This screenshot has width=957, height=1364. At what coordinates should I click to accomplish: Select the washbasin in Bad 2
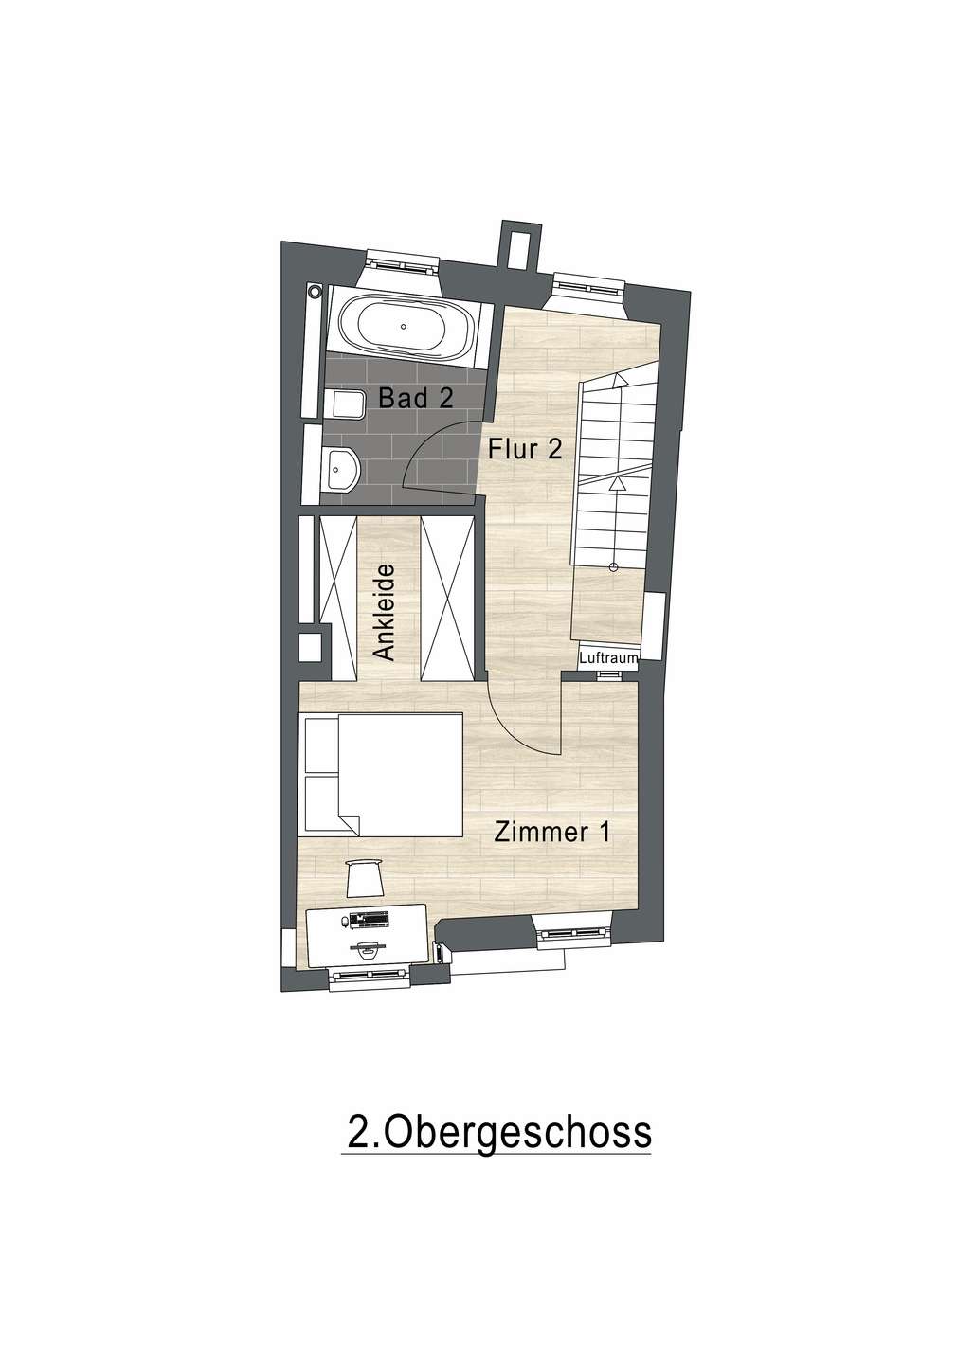pyautogui.click(x=339, y=468)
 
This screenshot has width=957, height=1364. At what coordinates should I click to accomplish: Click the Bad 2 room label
pyautogui.click(x=415, y=398)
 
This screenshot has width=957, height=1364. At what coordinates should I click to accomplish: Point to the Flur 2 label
pyautogui.click(x=526, y=449)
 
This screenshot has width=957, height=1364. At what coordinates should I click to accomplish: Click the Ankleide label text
pyautogui.click(x=383, y=612)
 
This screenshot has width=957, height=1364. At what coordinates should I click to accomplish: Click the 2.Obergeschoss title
pyautogui.click(x=499, y=1132)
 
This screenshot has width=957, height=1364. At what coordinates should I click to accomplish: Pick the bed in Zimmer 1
pyautogui.click(x=381, y=775)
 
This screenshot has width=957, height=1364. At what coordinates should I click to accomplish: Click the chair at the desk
pyautogui.click(x=363, y=877)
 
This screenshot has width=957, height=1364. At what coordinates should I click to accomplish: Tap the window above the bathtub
pyautogui.click(x=402, y=261)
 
